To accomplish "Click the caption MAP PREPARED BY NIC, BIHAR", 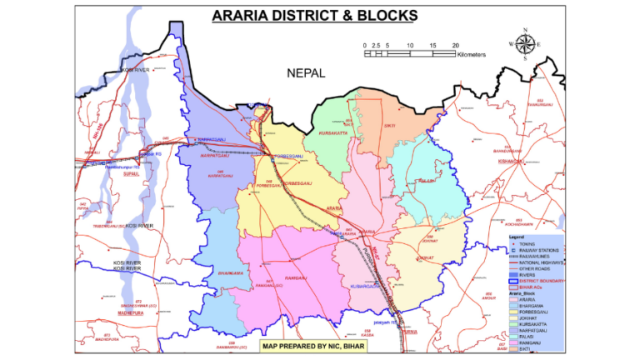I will (x=313, y=345).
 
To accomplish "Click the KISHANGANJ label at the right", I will (x=508, y=162).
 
